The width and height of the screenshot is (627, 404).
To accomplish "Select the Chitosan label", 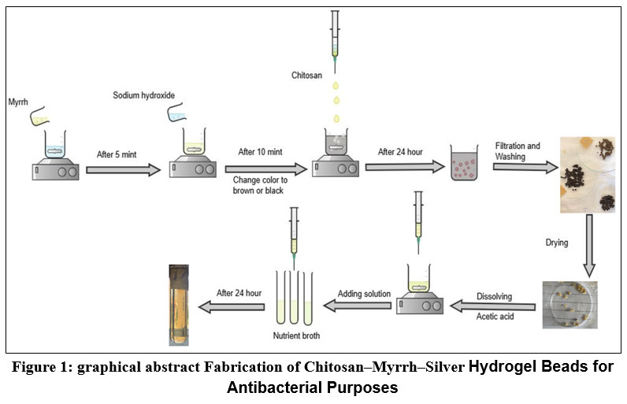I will (309, 75).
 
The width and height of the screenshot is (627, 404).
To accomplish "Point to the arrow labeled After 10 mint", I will (265, 169).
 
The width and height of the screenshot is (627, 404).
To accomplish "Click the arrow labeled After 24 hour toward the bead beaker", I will (404, 167).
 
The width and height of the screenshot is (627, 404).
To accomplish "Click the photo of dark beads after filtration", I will (587, 174).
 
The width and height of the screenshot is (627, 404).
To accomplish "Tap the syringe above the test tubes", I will (294, 232).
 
